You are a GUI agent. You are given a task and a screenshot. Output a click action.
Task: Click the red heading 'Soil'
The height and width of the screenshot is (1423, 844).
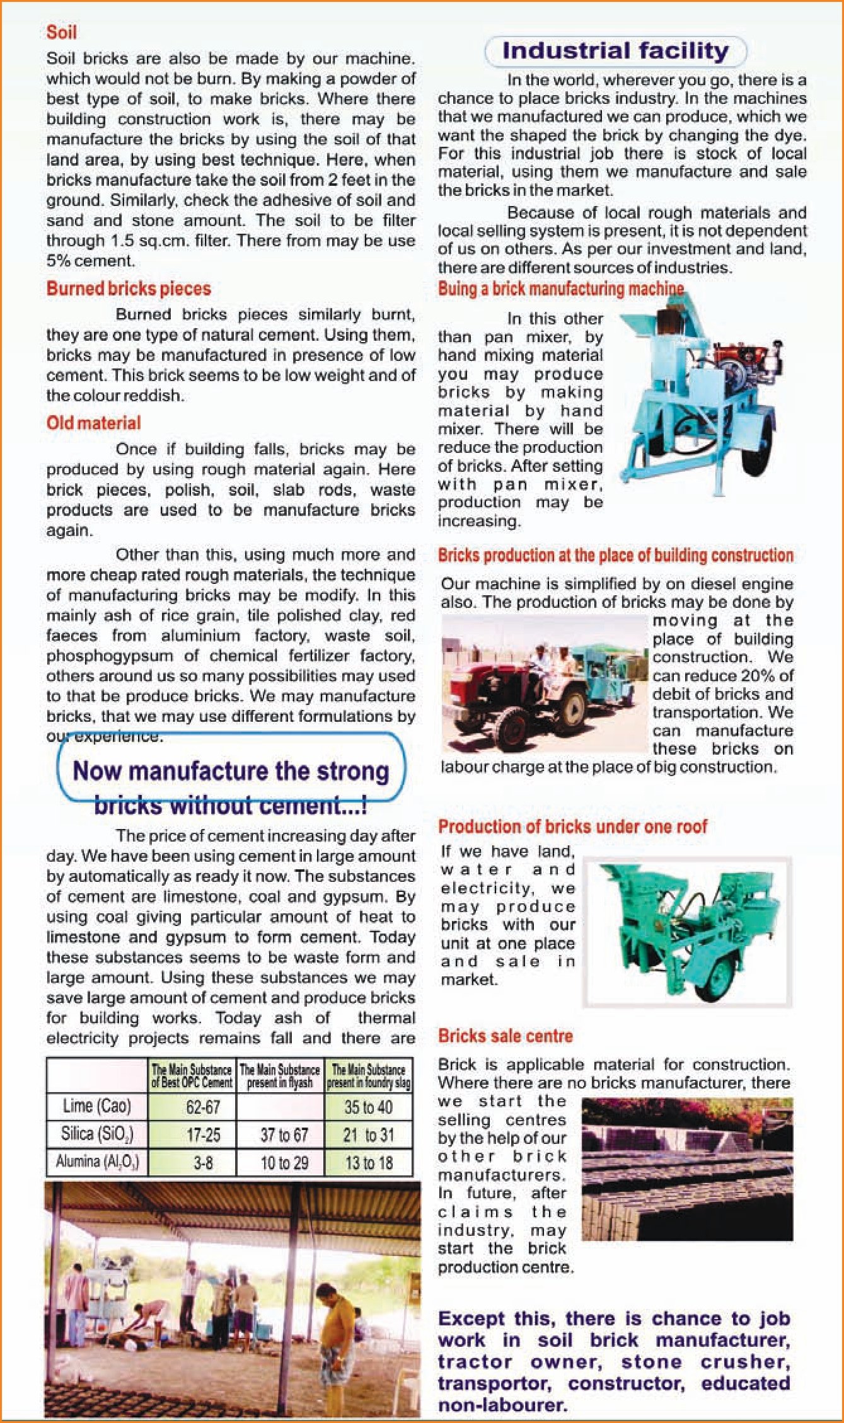pyautogui.click(x=61, y=33)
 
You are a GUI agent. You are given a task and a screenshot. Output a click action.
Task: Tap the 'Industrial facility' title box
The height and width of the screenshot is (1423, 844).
pyautogui.click(x=615, y=51)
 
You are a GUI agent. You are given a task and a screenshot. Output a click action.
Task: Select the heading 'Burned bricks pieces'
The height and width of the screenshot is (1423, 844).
pyautogui.click(x=129, y=289)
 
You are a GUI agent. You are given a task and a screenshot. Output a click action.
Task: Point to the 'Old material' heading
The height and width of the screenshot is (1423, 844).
pyautogui.click(x=93, y=423)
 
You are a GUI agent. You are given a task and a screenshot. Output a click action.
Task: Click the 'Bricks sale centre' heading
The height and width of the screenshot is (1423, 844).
pyautogui.click(x=505, y=1036)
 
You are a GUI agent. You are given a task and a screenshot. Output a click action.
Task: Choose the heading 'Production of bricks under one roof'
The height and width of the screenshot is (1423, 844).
pyautogui.click(x=572, y=826)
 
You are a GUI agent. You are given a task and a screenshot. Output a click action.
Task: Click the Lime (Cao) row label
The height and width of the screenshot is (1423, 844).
pyautogui.click(x=97, y=1106)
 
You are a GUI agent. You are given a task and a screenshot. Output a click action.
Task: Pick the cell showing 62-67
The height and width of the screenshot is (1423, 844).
pyautogui.click(x=203, y=1107)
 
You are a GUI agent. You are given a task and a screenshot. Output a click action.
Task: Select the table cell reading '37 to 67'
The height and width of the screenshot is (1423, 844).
pyautogui.click(x=284, y=1135)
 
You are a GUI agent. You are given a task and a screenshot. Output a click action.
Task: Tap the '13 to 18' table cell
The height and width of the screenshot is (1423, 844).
pyautogui.click(x=369, y=1162)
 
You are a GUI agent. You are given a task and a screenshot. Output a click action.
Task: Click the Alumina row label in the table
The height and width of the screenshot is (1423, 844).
pyautogui.click(x=97, y=1162)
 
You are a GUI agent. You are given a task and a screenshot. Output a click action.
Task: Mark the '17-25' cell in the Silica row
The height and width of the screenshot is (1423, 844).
pyautogui.click(x=203, y=1135)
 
